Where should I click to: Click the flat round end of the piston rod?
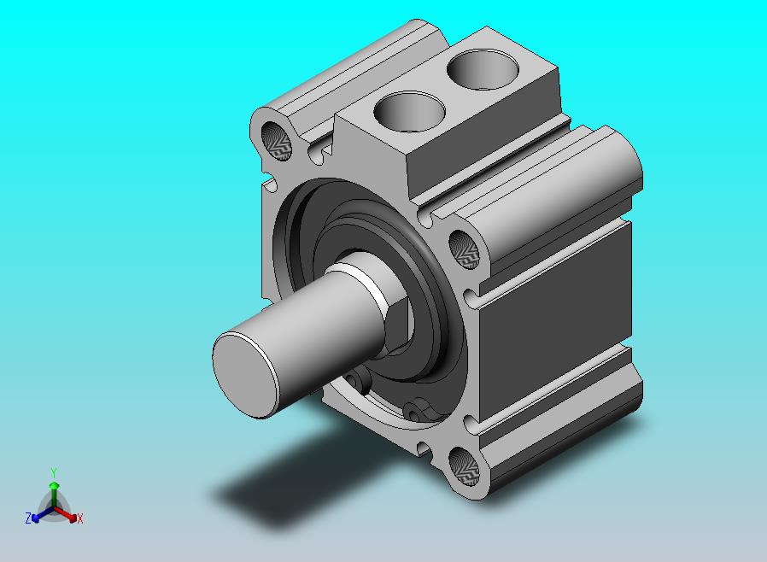click(244, 375)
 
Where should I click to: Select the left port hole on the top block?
click(410, 112)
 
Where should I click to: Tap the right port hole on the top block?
click(483, 70)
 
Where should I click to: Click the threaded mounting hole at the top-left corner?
click(277, 142)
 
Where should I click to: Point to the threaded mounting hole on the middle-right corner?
click(464, 249)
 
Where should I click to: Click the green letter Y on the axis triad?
click(54, 472)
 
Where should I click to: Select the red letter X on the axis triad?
click(80, 518)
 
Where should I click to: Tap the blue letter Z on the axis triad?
click(28, 518)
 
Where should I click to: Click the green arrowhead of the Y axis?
click(54, 485)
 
